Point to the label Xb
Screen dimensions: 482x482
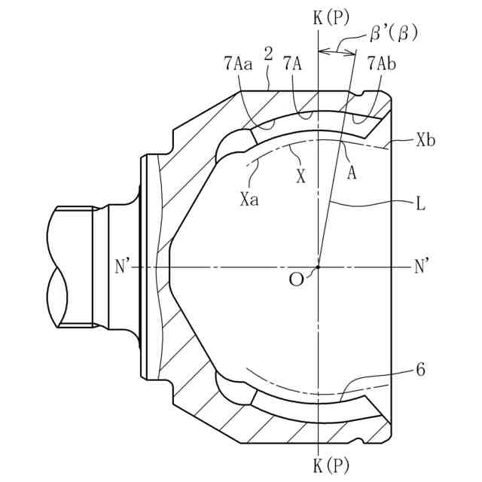[424, 140]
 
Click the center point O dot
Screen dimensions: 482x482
[319, 267]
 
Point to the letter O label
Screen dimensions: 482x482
[297, 279]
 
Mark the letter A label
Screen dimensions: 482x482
[352, 172]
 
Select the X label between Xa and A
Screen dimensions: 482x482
[301, 177]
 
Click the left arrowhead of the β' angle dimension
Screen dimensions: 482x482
[322, 51]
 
